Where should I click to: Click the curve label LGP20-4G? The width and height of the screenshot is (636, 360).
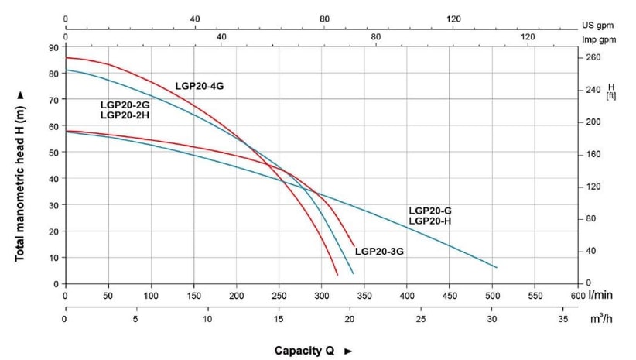click(x=199, y=86)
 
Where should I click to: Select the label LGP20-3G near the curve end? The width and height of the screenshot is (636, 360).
click(x=379, y=252)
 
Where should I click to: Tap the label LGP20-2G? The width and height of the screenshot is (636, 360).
click(x=125, y=105)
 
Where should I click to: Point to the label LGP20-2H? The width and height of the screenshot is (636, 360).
click(x=125, y=115)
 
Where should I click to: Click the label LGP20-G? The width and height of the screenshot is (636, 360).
click(x=429, y=211)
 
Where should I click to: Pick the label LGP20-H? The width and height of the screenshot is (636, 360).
click(x=429, y=221)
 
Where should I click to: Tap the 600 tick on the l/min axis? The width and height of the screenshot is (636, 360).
click(x=576, y=296)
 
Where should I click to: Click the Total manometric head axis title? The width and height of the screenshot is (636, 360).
click(x=21, y=174)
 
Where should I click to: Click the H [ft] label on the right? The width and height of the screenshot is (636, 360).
click(x=610, y=91)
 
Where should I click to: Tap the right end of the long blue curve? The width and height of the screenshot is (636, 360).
click(x=496, y=267)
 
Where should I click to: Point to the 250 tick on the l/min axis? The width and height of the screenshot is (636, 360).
click(x=279, y=296)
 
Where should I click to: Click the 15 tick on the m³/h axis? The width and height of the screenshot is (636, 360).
click(x=279, y=319)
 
